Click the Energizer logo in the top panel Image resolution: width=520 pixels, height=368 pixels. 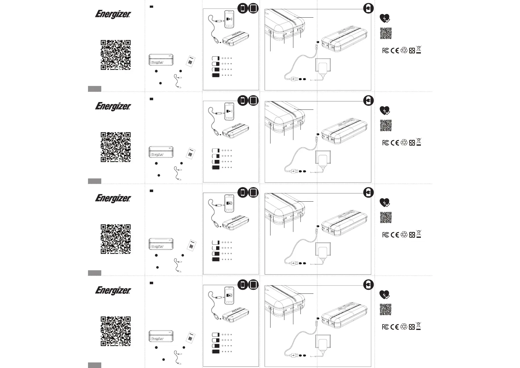(x=113, y=15)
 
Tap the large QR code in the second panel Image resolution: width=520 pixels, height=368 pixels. (x=115, y=147)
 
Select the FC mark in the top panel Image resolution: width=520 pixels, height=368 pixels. (x=385, y=51)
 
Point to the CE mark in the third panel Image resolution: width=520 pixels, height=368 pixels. (x=395, y=235)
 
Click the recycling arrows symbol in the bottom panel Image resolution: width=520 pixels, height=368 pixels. (x=404, y=327)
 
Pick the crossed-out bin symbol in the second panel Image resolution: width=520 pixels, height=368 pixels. (x=419, y=142)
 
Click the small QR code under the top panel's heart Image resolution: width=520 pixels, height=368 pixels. (x=386, y=33)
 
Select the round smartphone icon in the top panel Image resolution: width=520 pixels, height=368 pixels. (x=243, y=8)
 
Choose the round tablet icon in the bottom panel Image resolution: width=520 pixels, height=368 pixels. (x=253, y=285)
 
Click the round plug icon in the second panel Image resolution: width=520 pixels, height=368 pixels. (x=368, y=101)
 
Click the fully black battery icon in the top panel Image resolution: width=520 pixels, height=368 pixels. (x=216, y=75)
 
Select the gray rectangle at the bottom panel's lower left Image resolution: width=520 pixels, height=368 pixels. (x=94, y=365)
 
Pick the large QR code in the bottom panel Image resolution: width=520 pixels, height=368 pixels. (x=115, y=331)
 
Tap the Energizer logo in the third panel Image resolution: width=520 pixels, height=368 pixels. (x=113, y=199)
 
